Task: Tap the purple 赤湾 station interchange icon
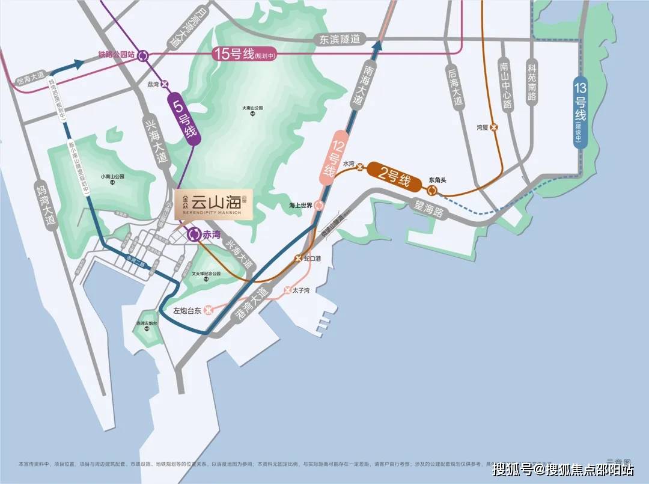(x=193, y=235)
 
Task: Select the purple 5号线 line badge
(x=184, y=118)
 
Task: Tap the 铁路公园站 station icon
(x=143, y=55)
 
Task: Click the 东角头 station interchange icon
(x=432, y=190)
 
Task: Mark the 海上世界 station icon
(x=319, y=205)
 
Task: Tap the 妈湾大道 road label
(x=50, y=204)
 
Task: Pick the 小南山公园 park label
(x=112, y=177)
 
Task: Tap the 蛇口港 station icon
(x=297, y=258)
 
